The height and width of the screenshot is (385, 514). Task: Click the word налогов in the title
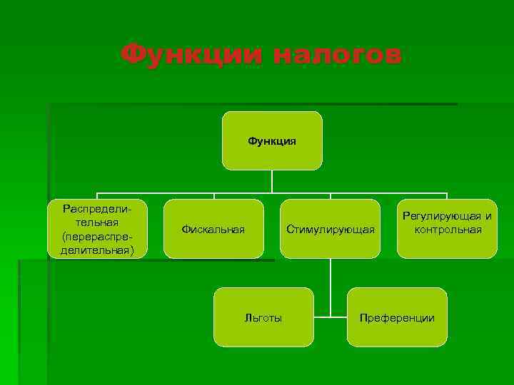click(x=337, y=54)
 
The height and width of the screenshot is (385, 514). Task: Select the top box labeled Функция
click(x=272, y=140)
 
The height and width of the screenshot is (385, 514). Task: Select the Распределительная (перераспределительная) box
click(x=97, y=228)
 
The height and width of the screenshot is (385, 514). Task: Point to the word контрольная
click(x=447, y=230)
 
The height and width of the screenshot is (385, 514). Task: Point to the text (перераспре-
click(x=97, y=235)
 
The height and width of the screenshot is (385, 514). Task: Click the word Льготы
click(x=263, y=318)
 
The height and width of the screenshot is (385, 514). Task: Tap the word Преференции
click(x=397, y=318)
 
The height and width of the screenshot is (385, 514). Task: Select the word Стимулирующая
click(x=330, y=229)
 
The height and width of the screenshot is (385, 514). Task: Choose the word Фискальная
click(x=213, y=229)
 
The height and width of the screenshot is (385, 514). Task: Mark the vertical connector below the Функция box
click(x=272, y=181)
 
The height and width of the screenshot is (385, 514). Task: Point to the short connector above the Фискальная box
click(x=213, y=196)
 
